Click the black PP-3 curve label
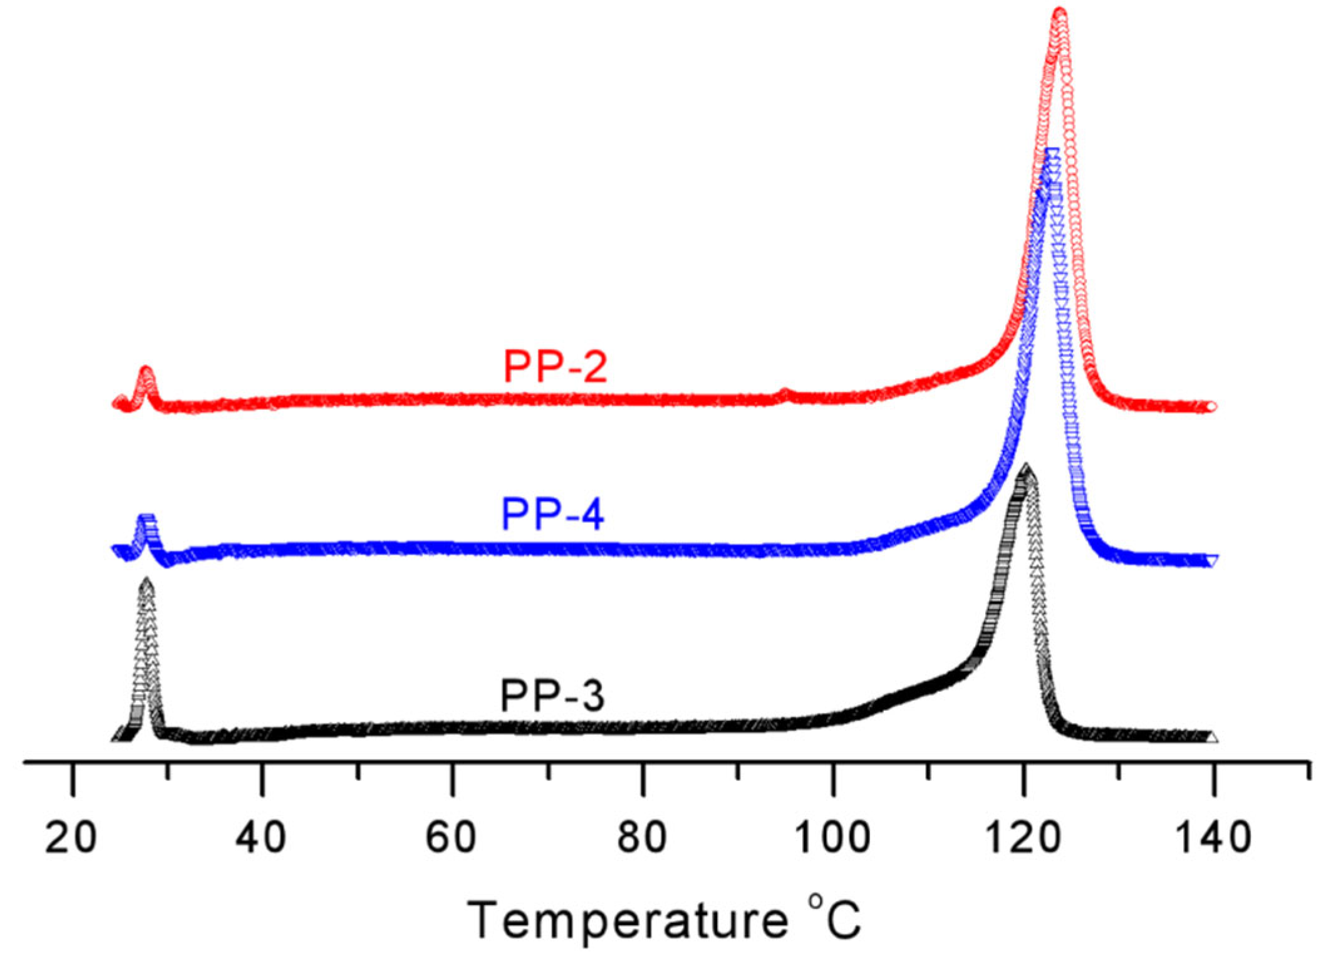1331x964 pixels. pyautogui.click(x=552, y=696)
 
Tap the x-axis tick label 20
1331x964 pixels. pyautogui.click(x=71, y=837)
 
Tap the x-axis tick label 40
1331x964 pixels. pyautogui.click(x=261, y=837)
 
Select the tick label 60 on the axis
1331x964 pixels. pyautogui.click(x=451, y=837)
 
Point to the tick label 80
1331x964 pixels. pyautogui.click(x=641, y=837)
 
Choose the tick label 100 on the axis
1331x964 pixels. pyautogui.click(x=832, y=837)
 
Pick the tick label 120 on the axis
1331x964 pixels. pyautogui.click(x=1023, y=837)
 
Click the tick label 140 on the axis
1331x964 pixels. pyautogui.click(x=1214, y=837)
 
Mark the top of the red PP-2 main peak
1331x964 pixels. pyautogui.click(x=1060, y=13)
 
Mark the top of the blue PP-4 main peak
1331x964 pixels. pyautogui.click(x=1052, y=152)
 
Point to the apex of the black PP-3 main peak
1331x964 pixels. pyautogui.click(x=1026, y=467)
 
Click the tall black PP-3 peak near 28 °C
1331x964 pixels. pyautogui.click(x=146, y=582)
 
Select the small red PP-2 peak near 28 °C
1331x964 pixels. pyautogui.click(x=146, y=371)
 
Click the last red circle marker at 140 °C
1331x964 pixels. pyautogui.click(x=1211, y=407)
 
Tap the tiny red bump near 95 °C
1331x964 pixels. pyautogui.click(x=785, y=392)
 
